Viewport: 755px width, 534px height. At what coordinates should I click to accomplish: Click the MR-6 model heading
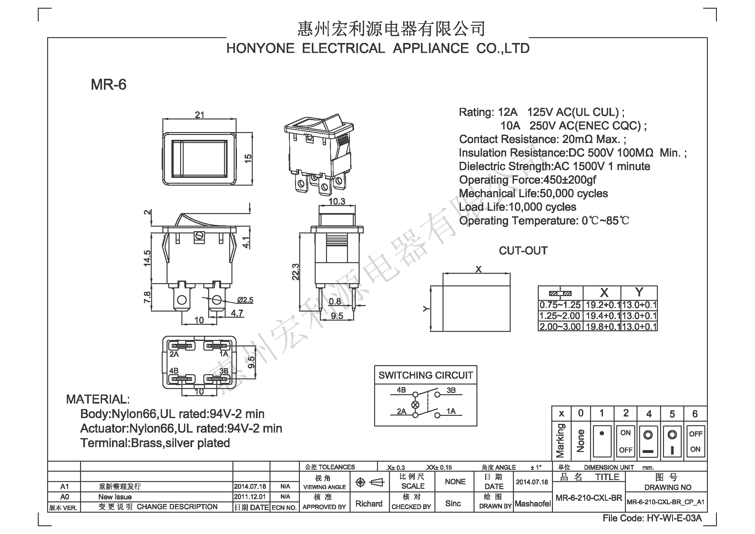[108, 85]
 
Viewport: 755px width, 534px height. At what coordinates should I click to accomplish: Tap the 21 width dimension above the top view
[199, 115]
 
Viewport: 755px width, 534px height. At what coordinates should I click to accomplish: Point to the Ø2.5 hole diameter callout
[245, 300]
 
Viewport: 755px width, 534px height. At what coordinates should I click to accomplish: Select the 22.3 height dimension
[296, 272]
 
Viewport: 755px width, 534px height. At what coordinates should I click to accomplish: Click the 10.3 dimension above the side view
[337, 201]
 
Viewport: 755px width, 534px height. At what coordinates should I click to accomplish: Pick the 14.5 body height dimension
[147, 258]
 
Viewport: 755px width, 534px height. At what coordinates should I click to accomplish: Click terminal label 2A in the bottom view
[174, 354]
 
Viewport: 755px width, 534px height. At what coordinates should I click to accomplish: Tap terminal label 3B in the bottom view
[224, 371]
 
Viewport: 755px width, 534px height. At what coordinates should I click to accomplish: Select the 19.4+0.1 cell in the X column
[602, 316]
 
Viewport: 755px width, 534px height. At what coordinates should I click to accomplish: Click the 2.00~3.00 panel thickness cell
[560, 326]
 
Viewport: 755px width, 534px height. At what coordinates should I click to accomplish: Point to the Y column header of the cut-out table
[639, 292]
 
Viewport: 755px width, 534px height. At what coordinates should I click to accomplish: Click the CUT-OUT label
[523, 251]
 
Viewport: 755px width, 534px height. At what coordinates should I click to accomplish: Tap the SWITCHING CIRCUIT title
[425, 375]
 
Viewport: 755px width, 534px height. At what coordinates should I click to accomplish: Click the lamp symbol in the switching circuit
[415, 405]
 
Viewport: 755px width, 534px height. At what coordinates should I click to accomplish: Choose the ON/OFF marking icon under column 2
[626, 441]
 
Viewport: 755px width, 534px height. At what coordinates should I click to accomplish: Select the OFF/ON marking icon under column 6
[696, 441]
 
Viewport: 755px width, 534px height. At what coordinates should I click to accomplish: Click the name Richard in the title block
[369, 504]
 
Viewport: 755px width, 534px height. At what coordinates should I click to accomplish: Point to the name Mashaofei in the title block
[533, 504]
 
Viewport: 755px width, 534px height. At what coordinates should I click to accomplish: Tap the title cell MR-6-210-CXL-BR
[589, 498]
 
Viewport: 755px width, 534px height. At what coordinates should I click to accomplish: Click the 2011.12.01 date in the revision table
[250, 497]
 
